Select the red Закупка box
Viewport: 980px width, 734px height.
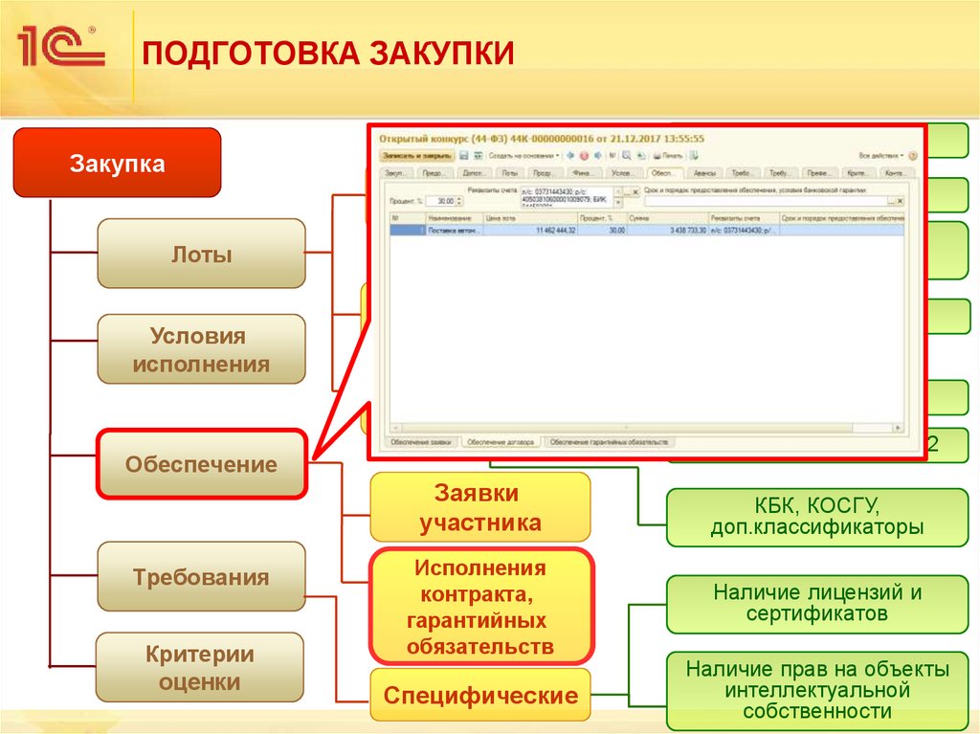(x=117, y=164)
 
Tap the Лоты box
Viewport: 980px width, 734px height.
(x=201, y=255)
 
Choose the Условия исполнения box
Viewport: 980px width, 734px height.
(x=201, y=350)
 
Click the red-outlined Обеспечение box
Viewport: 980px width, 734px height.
(x=201, y=465)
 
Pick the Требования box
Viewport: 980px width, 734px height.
(x=201, y=578)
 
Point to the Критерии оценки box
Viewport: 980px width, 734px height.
(x=201, y=668)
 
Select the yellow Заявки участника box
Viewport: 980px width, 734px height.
(x=480, y=508)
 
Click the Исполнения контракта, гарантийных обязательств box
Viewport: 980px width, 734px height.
(x=480, y=607)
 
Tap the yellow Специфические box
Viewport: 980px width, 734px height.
(x=480, y=696)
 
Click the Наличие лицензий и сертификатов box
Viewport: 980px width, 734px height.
(x=816, y=603)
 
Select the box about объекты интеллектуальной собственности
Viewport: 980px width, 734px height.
(x=816, y=689)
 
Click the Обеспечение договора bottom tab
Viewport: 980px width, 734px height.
(x=501, y=442)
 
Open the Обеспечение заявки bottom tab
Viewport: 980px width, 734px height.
(x=420, y=442)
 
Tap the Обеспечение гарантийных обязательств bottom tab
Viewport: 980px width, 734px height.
(x=611, y=442)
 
